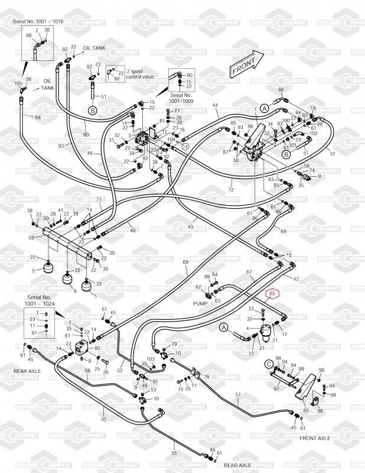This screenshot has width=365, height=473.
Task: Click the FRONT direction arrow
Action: [x=247, y=64]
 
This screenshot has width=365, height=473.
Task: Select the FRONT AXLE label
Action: [x=315, y=439]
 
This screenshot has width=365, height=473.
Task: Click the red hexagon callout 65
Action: [x=272, y=293]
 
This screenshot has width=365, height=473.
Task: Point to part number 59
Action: [x=32, y=238]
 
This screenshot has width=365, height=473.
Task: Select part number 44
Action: [x=215, y=105]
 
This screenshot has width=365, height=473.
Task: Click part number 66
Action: [x=281, y=90]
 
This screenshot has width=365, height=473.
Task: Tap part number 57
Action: [x=238, y=394]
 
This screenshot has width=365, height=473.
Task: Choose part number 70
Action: [x=103, y=420]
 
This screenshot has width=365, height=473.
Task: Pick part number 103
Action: [x=150, y=359]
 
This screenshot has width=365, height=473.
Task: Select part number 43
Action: [x=190, y=227]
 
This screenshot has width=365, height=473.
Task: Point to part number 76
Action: [x=206, y=377]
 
